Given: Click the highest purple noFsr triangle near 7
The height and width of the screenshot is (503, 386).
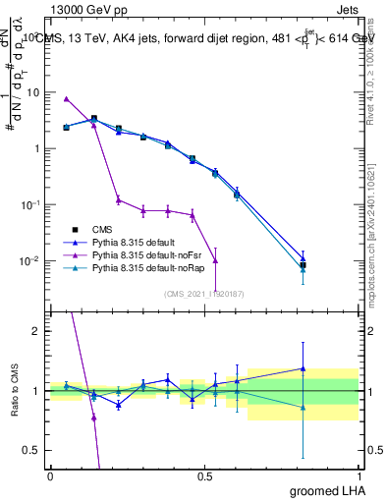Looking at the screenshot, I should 66,99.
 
